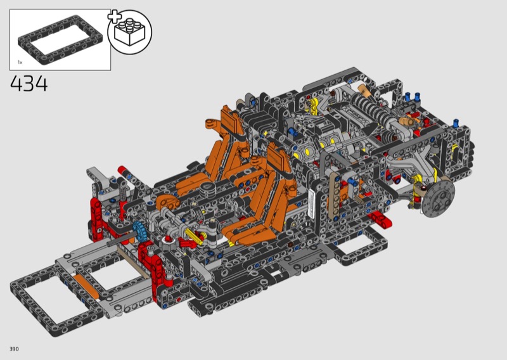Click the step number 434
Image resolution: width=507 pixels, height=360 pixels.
pyautogui.click(x=29, y=84)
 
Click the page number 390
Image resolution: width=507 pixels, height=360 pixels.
pyautogui.click(x=14, y=349)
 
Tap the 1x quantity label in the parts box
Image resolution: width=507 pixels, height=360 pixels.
pyautogui.click(x=20, y=61)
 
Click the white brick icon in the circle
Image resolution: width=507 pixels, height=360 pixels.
pyautogui.click(x=129, y=32)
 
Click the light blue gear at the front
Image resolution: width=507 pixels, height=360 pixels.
pyautogui.click(x=139, y=231)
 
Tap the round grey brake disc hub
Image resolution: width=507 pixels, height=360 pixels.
pyautogui.click(x=438, y=198)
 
